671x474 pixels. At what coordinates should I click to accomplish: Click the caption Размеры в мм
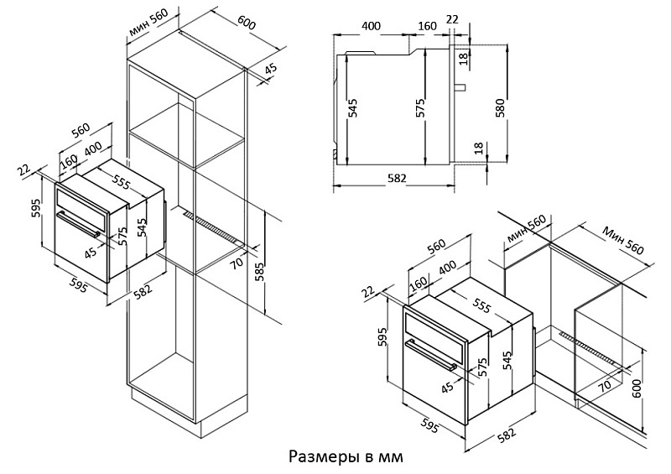[346, 457]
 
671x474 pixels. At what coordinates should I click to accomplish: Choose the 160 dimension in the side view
[427, 26]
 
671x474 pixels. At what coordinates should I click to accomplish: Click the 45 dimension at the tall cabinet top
[270, 71]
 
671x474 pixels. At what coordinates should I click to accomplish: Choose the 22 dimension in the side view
[453, 18]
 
